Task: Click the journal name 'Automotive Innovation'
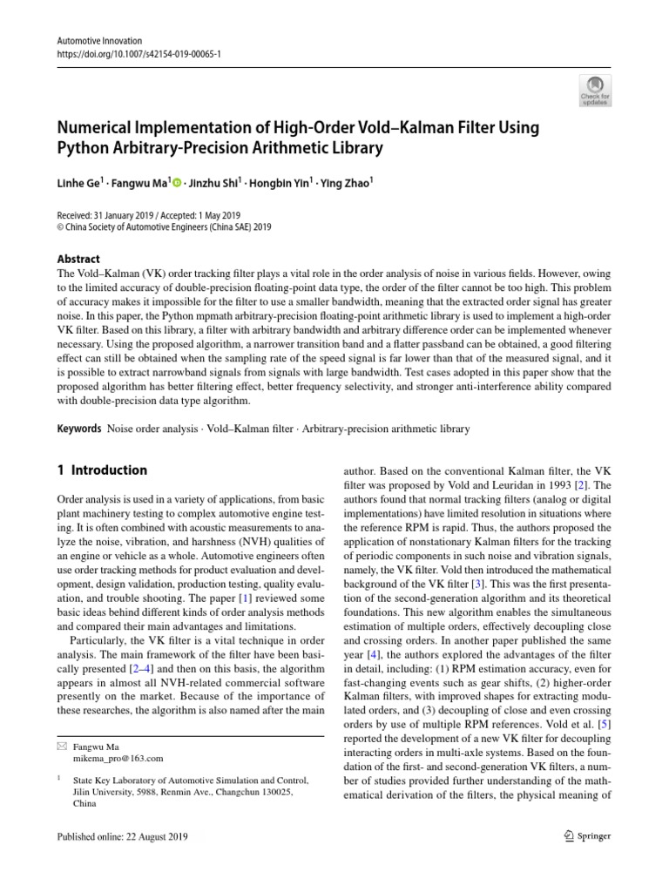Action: tap(98, 41)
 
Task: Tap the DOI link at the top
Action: tap(139, 53)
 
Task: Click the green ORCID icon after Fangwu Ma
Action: tap(178, 182)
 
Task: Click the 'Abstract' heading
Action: tap(78, 259)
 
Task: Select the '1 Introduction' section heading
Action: tap(102, 470)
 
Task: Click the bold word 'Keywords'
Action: tap(79, 429)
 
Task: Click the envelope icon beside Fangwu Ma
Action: tap(61, 747)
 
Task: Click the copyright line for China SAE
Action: tap(165, 227)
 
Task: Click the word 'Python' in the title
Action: tap(85, 147)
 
